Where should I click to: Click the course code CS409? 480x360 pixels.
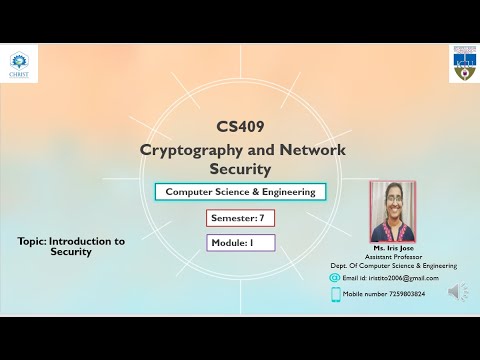[240, 127]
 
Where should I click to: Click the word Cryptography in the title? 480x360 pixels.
[189, 149]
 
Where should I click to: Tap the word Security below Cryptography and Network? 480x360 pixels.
[240, 171]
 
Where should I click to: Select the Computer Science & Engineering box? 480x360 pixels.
[240, 192]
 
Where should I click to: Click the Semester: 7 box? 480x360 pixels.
[240, 218]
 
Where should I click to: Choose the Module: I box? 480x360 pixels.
[240, 242]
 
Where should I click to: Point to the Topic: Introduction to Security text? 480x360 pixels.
[71, 247]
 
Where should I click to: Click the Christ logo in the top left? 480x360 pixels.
[19, 63]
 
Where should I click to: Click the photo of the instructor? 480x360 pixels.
[392, 211]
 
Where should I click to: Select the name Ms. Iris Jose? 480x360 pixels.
[392, 247]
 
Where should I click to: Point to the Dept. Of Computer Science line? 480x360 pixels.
[393, 266]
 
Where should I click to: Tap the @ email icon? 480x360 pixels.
[335, 277]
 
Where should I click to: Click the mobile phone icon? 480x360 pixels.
[336, 294]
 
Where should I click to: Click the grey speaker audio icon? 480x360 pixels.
[458, 292]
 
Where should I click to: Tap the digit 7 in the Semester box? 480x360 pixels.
[262, 218]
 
